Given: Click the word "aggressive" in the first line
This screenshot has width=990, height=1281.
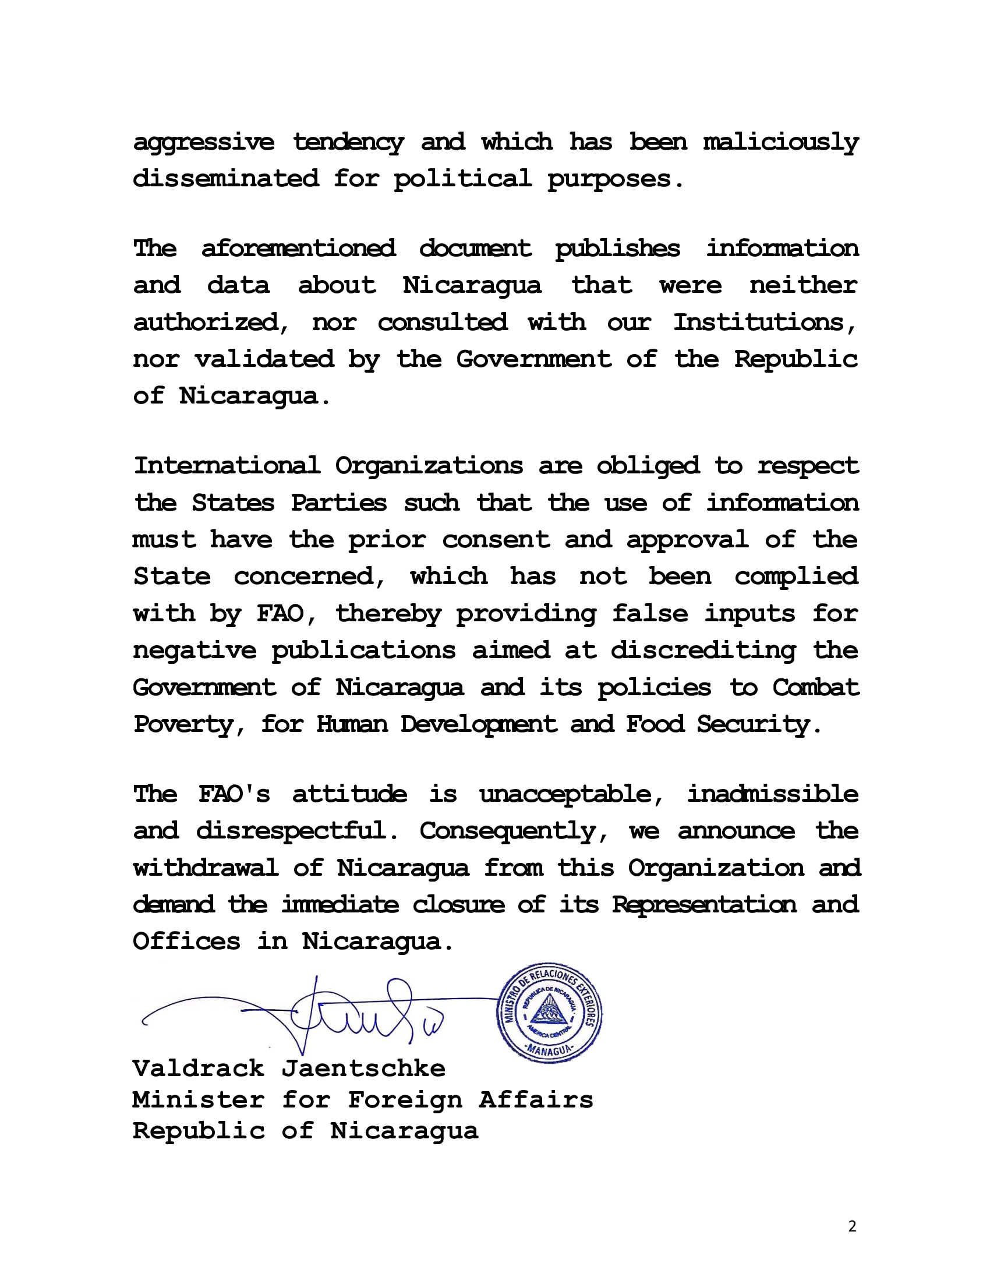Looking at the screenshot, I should coord(203,143).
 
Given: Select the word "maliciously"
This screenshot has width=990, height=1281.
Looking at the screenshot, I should coord(780,143).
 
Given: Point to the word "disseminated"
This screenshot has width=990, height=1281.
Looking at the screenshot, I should coord(226,178).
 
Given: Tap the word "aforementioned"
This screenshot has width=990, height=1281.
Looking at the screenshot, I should coord(298,249).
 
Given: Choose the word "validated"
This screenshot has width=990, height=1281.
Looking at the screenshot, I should coord(264,358).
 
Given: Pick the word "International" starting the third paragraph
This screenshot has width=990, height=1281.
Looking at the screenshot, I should coord(227,466).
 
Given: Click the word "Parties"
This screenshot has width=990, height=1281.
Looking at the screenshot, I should coord(338,503).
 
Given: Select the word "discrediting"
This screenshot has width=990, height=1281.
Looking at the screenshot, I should coord(703,650).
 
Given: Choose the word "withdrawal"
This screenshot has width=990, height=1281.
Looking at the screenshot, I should coord(205,868).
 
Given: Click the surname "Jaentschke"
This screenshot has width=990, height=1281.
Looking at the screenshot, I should coord(363,1068).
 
